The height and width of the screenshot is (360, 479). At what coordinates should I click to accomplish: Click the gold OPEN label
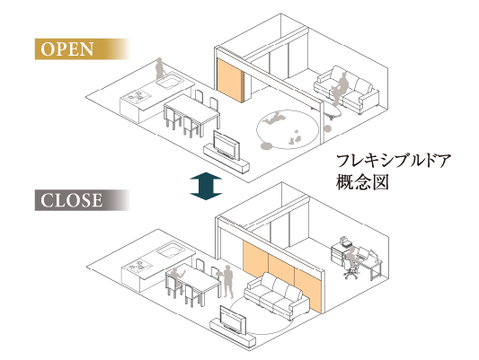[x=82, y=49]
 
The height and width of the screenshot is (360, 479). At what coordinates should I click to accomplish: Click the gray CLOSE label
[x=82, y=200]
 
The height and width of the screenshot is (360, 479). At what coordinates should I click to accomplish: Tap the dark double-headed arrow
[x=206, y=186]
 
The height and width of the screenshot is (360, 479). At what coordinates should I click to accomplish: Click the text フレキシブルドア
[x=394, y=161]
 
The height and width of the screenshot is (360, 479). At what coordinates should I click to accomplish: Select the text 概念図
[x=362, y=182]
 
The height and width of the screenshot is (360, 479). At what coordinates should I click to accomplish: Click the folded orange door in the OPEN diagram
[x=231, y=80]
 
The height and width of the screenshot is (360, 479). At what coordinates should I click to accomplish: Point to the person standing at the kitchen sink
[x=160, y=68]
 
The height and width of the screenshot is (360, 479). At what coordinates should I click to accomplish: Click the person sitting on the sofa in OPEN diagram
[x=339, y=89]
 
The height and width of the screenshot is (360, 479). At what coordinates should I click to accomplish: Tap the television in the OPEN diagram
[x=226, y=145]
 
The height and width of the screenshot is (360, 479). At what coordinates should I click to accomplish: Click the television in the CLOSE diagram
[x=233, y=320]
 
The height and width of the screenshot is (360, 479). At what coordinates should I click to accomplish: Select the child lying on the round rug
[x=273, y=118]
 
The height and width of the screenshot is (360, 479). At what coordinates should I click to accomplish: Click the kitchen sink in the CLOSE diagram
[x=170, y=251]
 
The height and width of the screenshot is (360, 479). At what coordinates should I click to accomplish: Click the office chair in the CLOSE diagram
[x=350, y=268]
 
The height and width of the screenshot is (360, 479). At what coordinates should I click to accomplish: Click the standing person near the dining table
[x=226, y=282]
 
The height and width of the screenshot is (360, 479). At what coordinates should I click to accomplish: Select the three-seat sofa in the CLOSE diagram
[x=277, y=295]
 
